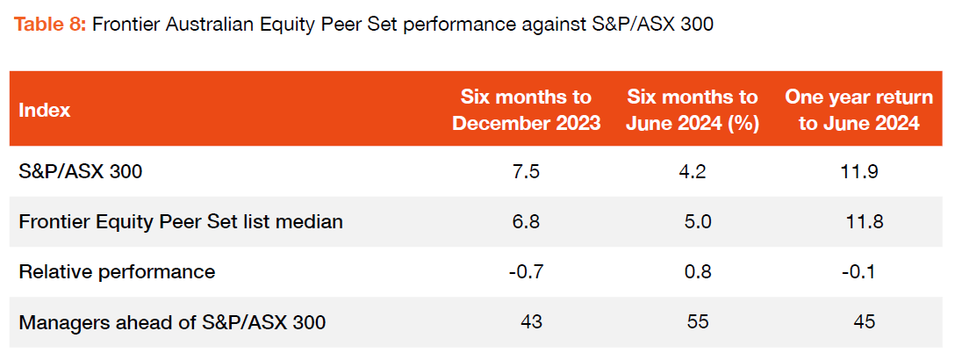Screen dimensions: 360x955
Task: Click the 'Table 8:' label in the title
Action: (x=48, y=25)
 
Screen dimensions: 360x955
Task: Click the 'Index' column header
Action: (x=45, y=110)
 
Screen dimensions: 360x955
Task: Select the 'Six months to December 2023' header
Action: (x=526, y=110)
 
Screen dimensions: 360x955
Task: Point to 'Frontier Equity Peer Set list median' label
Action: (x=181, y=222)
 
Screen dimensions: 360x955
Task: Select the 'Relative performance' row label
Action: (x=117, y=272)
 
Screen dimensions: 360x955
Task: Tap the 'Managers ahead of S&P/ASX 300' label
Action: (x=172, y=322)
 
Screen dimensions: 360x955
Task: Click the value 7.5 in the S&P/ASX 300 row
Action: (x=527, y=172)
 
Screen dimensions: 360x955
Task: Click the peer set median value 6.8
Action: (x=527, y=222)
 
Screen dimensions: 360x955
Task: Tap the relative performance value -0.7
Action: (x=527, y=272)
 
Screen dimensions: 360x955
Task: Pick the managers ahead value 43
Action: (x=531, y=322)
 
